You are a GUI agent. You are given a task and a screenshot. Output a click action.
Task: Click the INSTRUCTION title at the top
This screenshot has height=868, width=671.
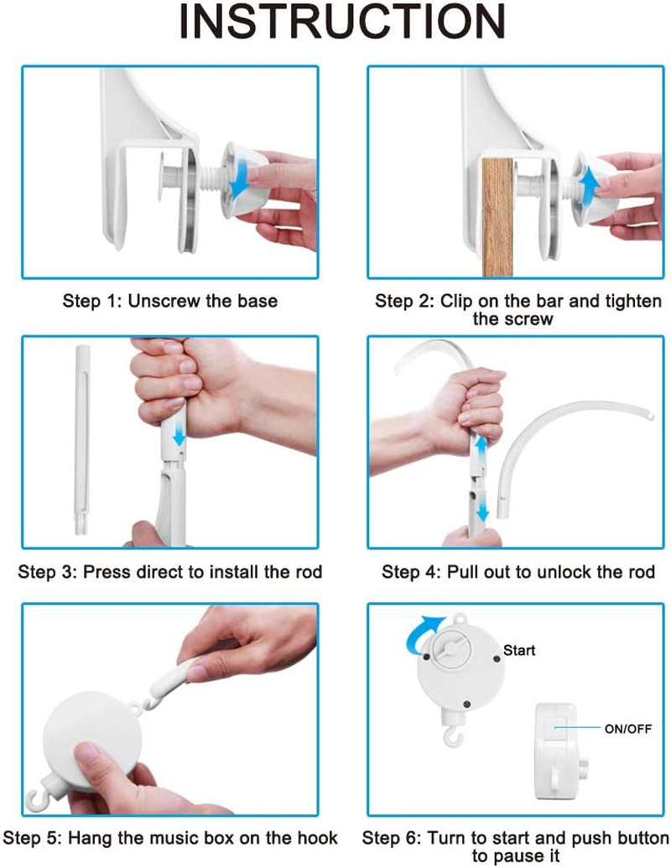tap(342, 21)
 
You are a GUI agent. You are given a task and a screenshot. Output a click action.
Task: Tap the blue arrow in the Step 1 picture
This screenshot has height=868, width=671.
tap(240, 177)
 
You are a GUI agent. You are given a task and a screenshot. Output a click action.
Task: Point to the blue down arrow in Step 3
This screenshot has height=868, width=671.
tap(179, 434)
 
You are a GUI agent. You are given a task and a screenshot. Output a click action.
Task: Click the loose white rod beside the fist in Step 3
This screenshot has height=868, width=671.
tap(82, 440)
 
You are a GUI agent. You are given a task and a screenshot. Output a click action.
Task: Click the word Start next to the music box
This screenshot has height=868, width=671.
tap(518, 651)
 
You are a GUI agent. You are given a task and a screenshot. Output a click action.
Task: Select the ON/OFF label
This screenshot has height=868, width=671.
tap(628, 729)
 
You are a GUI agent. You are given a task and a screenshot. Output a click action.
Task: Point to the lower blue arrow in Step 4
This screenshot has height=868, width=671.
tap(482, 506)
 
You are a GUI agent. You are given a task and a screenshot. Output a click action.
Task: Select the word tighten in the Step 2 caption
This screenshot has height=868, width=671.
tap(633, 301)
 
